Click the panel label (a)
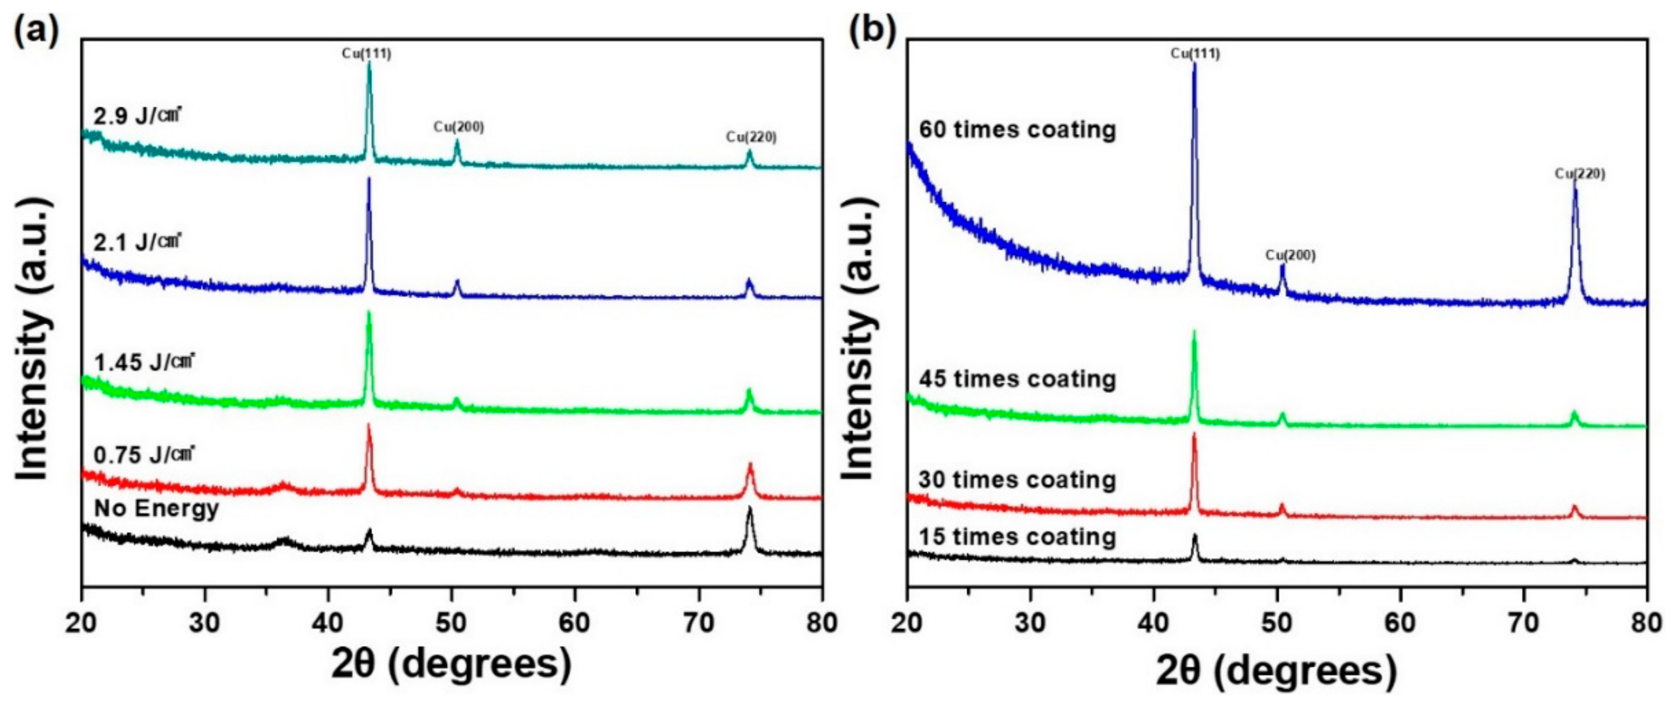(36, 30)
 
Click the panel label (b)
(872, 30)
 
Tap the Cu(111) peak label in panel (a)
(367, 54)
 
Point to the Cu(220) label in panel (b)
(1580, 173)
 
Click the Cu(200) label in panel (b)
(1290, 256)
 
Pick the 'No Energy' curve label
(156, 508)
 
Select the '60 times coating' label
(1018, 130)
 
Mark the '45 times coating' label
(1018, 379)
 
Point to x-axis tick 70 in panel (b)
(1524, 623)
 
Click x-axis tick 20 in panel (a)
(82, 623)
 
